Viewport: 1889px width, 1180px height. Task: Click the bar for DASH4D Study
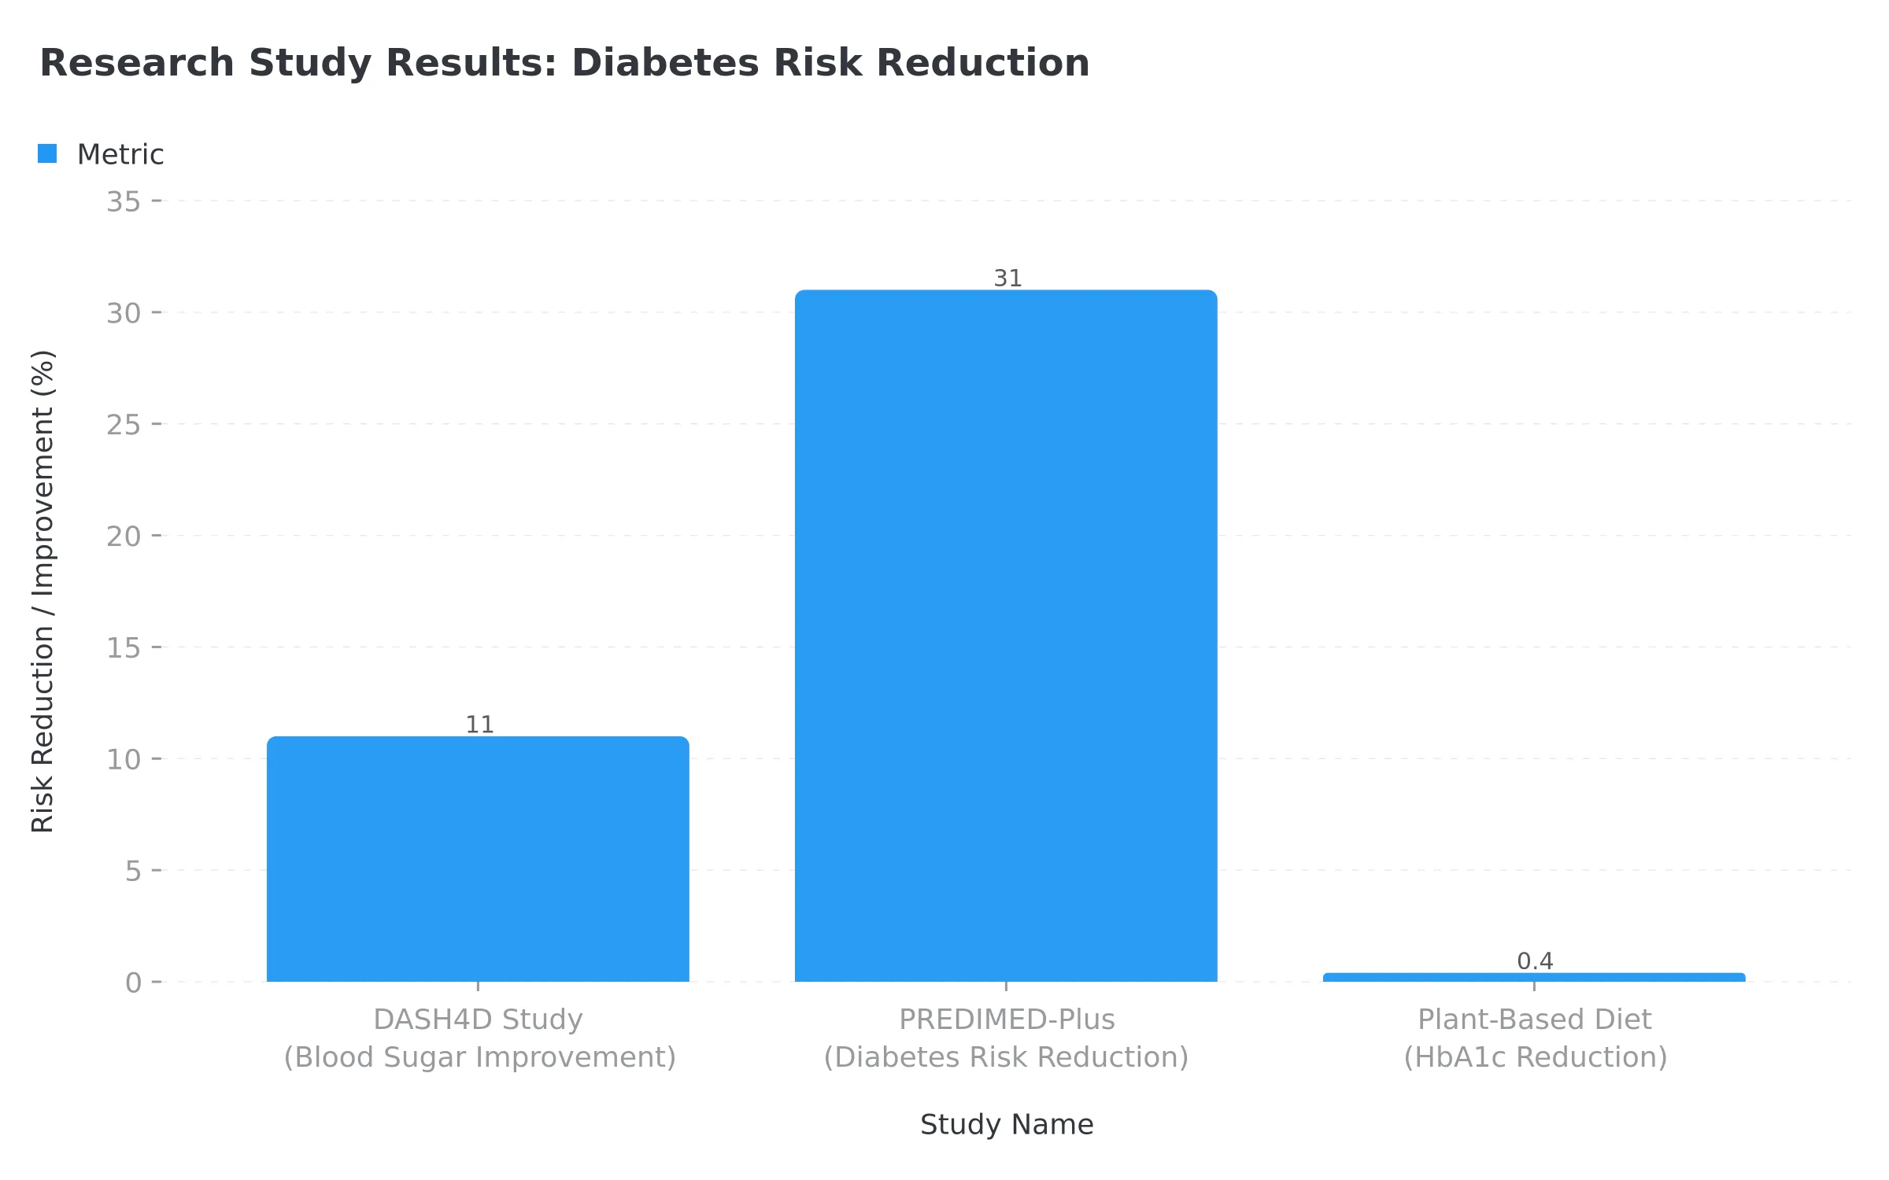pos(478,859)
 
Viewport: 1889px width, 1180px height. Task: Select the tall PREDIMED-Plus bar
pos(1006,636)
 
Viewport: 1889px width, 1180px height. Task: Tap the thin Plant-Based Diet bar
pos(1534,977)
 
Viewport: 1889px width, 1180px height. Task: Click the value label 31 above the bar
pos(1007,278)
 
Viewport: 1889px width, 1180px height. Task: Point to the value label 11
pos(479,725)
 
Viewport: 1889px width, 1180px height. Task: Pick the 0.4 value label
pos(1535,961)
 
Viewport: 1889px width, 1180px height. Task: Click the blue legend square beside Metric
pos(47,153)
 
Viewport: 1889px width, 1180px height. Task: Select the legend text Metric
pos(120,155)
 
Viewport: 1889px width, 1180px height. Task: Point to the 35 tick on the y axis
pos(124,202)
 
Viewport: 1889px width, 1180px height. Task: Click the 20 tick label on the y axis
pos(124,537)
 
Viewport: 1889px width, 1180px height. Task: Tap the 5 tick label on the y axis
pos(133,872)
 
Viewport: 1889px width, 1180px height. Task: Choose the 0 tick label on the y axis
pos(133,983)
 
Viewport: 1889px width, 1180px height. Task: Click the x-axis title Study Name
pos(1007,1125)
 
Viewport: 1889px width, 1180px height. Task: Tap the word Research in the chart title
pos(137,63)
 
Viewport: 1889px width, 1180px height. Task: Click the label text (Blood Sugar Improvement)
pos(479,1057)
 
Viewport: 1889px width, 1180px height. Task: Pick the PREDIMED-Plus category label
pos(1007,1020)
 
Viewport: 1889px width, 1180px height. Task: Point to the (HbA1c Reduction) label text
pos(1535,1057)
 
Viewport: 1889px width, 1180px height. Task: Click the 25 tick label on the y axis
pos(124,426)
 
